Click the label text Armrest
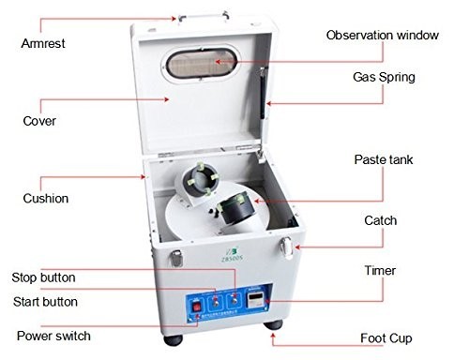(x=43, y=43)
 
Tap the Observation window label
(x=383, y=35)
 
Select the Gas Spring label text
(x=384, y=77)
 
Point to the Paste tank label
(x=384, y=159)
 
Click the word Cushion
(x=46, y=199)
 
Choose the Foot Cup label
(x=386, y=338)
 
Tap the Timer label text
(x=380, y=271)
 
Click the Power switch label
(x=53, y=336)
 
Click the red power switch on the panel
(x=197, y=307)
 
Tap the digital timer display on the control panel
(x=256, y=299)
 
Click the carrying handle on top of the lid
(x=204, y=17)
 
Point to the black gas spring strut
(x=264, y=93)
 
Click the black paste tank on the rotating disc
(x=236, y=208)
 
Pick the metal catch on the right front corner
(x=287, y=247)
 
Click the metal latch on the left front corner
(x=176, y=258)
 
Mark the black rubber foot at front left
(x=173, y=340)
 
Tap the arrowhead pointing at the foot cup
(x=273, y=336)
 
